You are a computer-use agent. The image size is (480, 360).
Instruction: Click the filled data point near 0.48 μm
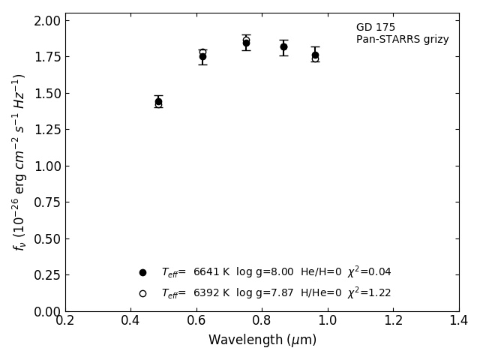coord(158,101)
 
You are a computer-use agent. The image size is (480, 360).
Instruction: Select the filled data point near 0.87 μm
coord(283,46)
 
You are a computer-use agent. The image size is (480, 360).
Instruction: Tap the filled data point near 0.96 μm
coord(315,55)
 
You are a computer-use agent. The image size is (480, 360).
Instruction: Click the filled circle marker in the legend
coord(142,272)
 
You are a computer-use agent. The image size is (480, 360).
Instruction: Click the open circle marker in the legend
coord(142,293)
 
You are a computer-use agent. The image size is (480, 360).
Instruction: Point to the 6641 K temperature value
coord(211,272)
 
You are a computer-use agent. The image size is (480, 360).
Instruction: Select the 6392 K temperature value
coord(211,293)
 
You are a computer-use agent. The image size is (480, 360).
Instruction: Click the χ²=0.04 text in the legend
coord(369,272)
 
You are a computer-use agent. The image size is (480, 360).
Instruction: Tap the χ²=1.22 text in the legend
coord(369,293)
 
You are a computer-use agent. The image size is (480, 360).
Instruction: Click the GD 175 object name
coord(376,28)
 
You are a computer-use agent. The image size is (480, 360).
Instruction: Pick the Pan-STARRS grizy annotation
coord(402,40)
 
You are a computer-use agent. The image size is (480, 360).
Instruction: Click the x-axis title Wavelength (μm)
coord(262,340)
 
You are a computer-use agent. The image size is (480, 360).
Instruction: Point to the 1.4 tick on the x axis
coord(459,321)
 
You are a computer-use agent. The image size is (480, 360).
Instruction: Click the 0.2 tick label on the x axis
coord(65,321)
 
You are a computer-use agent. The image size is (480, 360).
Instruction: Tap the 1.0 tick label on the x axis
coord(328,321)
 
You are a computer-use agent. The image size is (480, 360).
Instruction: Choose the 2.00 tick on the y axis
coord(46,21)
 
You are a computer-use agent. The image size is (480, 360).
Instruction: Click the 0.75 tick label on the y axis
coord(46,202)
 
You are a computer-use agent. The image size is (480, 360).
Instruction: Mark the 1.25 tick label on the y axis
coord(46,130)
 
